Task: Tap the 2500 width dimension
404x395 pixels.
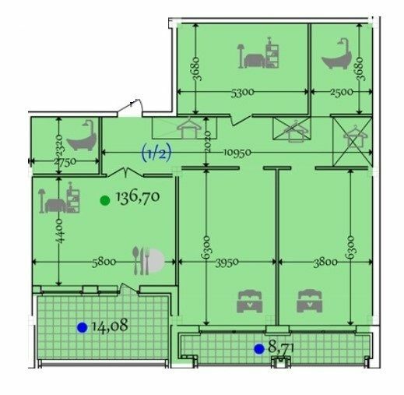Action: [x=343, y=92]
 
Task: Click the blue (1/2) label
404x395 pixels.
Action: [x=156, y=153]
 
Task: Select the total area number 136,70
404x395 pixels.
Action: [x=137, y=198]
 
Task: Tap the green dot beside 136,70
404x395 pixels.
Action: [x=105, y=199]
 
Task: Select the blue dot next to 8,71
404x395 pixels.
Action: [x=258, y=349]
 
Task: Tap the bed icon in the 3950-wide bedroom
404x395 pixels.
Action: [x=249, y=300]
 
